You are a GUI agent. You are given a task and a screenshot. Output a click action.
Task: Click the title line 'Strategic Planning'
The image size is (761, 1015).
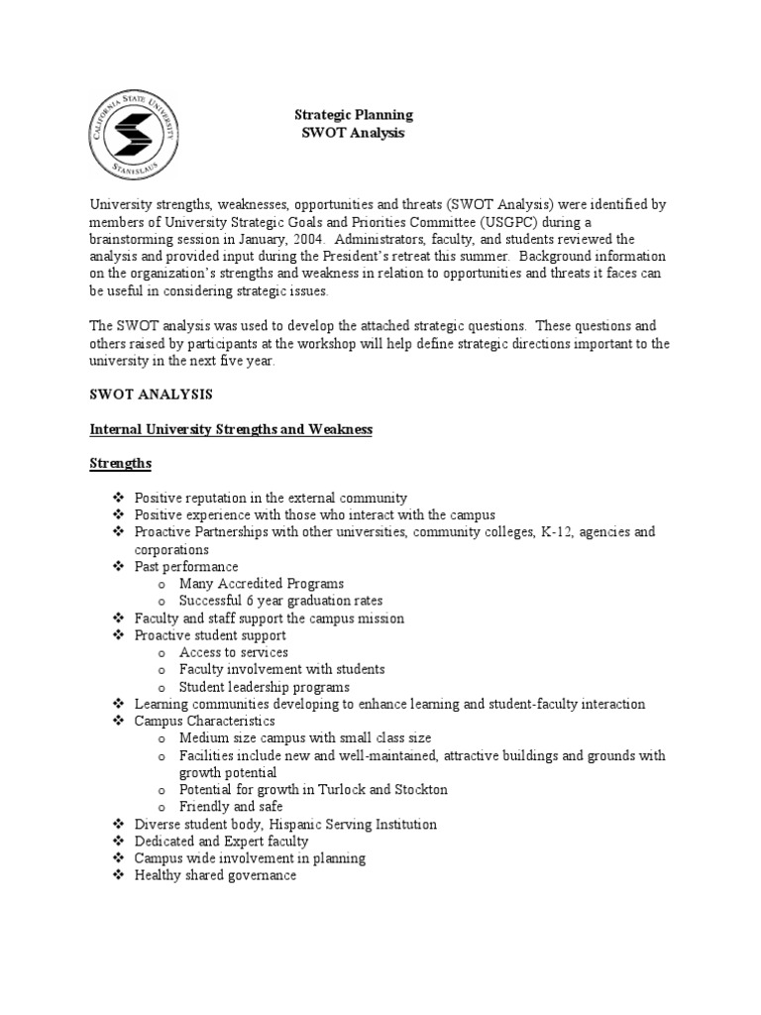[355, 115]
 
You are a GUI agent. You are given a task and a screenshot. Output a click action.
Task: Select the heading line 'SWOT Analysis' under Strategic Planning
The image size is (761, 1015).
[355, 133]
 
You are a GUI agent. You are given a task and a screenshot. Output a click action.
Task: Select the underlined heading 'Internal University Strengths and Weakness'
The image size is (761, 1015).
[231, 429]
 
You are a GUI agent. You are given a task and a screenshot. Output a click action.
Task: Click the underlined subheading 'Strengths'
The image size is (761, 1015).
[120, 464]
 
